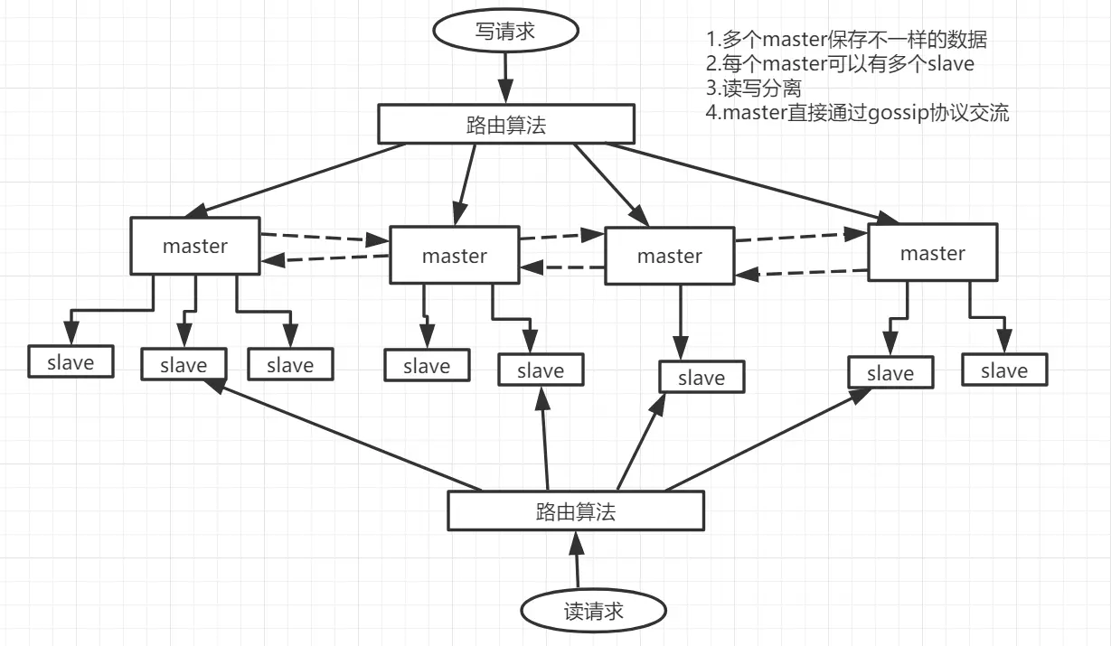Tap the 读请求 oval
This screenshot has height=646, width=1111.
coord(593,612)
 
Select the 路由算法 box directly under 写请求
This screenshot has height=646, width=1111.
coord(504,124)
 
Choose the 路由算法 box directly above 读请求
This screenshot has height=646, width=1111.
coord(575,512)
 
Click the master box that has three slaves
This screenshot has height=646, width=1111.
coord(195,246)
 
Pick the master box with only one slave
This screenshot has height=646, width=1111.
coord(669,257)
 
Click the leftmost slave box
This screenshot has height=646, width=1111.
coord(71,362)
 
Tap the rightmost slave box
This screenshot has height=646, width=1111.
coord(1004,370)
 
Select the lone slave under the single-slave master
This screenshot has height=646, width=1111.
coord(701,378)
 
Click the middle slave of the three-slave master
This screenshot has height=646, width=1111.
coord(184,365)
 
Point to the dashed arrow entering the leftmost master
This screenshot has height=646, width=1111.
coord(325,259)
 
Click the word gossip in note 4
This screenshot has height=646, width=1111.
coord(895,113)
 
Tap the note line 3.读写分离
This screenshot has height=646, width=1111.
coord(754,89)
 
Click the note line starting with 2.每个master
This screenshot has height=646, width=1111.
coord(840,64)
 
